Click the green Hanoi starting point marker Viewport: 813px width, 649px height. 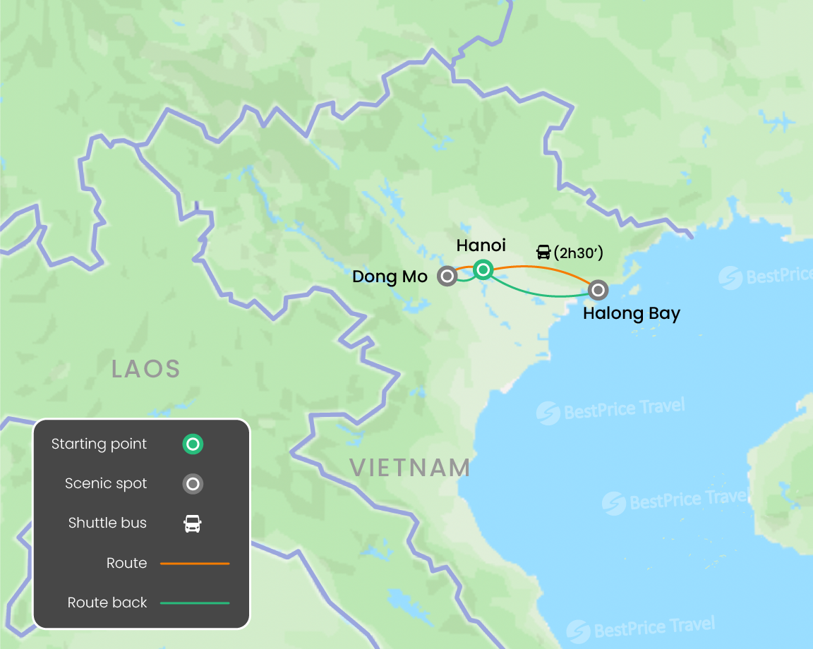[x=483, y=269]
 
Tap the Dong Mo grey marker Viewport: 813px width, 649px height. [x=447, y=276]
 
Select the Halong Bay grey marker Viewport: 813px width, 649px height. [x=598, y=289]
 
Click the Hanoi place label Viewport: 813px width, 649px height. [x=481, y=245]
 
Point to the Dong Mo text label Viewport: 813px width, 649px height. [x=390, y=277]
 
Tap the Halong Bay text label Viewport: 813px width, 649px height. [x=631, y=313]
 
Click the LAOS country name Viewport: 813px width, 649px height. [x=146, y=368]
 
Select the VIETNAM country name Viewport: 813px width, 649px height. [x=410, y=468]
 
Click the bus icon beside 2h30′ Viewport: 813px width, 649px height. [x=543, y=253]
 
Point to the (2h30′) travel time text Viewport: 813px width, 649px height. [x=578, y=253]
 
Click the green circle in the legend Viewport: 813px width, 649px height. [x=193, y=444]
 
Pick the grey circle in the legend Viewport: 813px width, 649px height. [x=193, y=484]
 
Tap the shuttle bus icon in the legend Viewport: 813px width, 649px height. [x=193, y=523]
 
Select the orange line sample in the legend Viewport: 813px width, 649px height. [x=195, y=564]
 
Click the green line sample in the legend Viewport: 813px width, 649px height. [x=195, y=603]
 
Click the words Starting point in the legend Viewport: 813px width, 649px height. [x=99, y=444]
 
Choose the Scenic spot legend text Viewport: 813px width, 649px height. [x=106, y=484]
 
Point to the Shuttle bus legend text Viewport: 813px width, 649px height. [x=107, y=523]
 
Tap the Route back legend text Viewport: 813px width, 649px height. [x=107, y=603]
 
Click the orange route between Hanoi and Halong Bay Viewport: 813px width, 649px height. [x=543, y=268]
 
